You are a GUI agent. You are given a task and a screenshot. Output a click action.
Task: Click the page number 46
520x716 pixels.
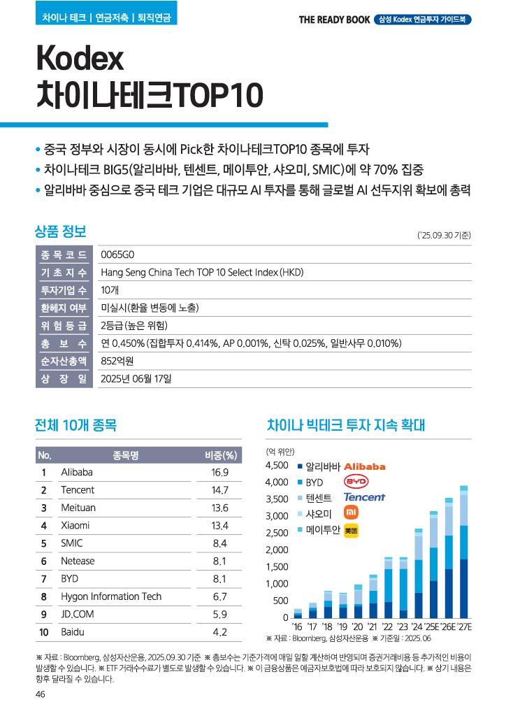tap(41, 694)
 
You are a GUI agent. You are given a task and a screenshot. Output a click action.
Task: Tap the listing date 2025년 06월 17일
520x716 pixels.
tap(136, 378)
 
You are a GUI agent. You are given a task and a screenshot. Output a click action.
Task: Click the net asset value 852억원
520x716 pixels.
tap(117, 361)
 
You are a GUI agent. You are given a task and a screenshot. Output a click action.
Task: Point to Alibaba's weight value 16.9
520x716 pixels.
tap(220, 472)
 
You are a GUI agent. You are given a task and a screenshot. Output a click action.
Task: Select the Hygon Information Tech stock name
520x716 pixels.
tap(110, 596)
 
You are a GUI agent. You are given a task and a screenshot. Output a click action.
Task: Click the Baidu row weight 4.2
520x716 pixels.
tap(220, 632)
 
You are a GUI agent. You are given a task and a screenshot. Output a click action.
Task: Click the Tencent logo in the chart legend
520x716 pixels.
tap(364, 497)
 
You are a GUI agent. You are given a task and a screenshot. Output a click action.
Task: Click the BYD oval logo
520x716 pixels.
tap(356, 482)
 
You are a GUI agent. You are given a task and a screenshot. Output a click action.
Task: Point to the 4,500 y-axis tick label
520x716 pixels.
tap(277, 466)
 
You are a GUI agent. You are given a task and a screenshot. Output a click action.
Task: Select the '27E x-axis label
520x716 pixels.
tap(463, 626)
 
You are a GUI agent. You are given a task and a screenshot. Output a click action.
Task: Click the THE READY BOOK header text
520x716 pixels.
tap(334, 20)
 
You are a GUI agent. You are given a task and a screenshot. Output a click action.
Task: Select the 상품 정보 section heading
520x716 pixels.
tap(60, 231)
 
